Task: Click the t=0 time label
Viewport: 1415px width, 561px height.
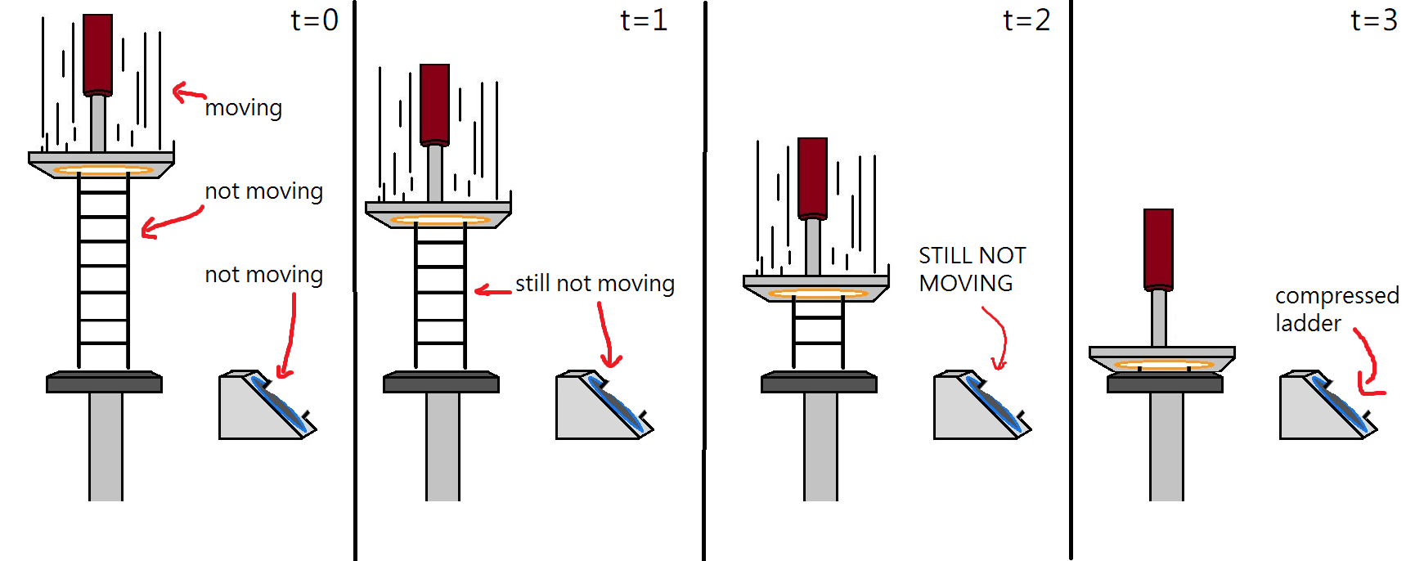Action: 315,20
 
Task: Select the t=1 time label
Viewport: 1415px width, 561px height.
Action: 645,20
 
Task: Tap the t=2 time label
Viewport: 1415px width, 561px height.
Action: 1026,20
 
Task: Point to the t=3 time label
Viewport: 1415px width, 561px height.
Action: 1374,20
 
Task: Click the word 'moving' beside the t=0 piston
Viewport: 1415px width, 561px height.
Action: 244,108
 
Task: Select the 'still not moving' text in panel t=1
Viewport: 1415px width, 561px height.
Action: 595,283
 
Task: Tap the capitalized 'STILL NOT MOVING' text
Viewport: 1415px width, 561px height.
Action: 972,269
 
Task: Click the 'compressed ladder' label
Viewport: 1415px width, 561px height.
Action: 1336,309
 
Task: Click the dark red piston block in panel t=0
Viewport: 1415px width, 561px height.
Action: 97,55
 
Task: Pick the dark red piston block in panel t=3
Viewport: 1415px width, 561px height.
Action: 1158,249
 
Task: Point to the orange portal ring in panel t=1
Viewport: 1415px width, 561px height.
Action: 439,219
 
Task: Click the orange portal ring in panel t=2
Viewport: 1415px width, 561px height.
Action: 817,293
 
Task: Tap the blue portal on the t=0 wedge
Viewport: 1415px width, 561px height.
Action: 281,405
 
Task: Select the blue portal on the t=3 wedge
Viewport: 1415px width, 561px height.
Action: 1342,405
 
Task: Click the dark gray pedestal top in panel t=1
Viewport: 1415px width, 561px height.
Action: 441,382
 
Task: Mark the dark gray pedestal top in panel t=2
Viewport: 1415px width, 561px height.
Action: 819,382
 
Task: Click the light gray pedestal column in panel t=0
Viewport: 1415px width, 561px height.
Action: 106,447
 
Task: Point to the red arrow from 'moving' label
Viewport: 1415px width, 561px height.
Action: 188,92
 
